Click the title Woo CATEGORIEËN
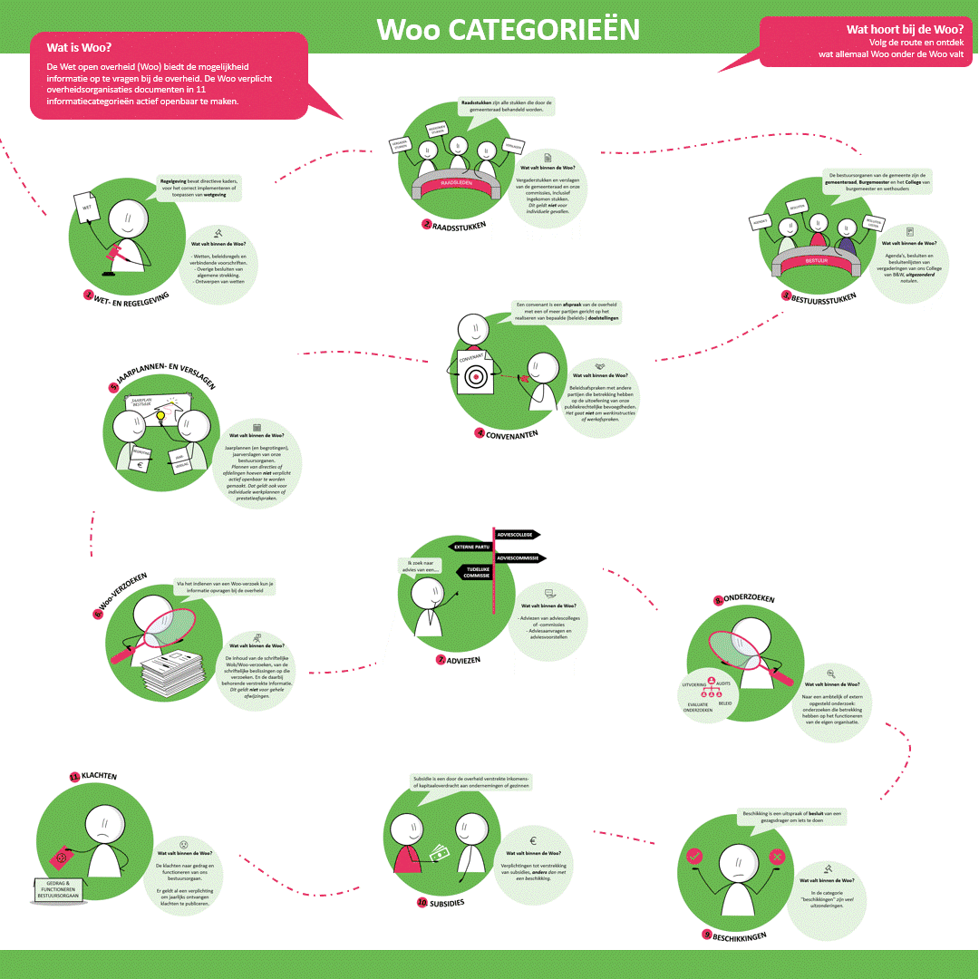(508, 29)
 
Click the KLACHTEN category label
(98, 777)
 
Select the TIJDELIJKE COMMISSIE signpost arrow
(473, 571)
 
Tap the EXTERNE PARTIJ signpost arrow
(471, 547)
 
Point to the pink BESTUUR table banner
(818, 262)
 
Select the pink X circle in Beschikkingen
(777, 857)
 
